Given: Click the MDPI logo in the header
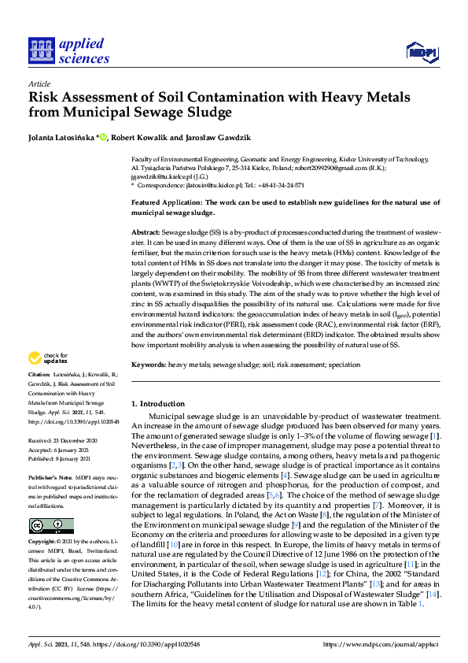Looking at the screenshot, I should [x=421, y=53].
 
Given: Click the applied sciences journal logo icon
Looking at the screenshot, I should [x=41, y=50].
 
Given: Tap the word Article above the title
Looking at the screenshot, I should [x=38, y=83].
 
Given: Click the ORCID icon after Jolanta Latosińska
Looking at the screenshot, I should [x=102, y=136].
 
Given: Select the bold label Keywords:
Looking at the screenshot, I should [x=148, y=365].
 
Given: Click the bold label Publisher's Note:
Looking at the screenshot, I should [x=50, y=478].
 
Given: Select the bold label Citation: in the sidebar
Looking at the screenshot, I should [x=39, y=374].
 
